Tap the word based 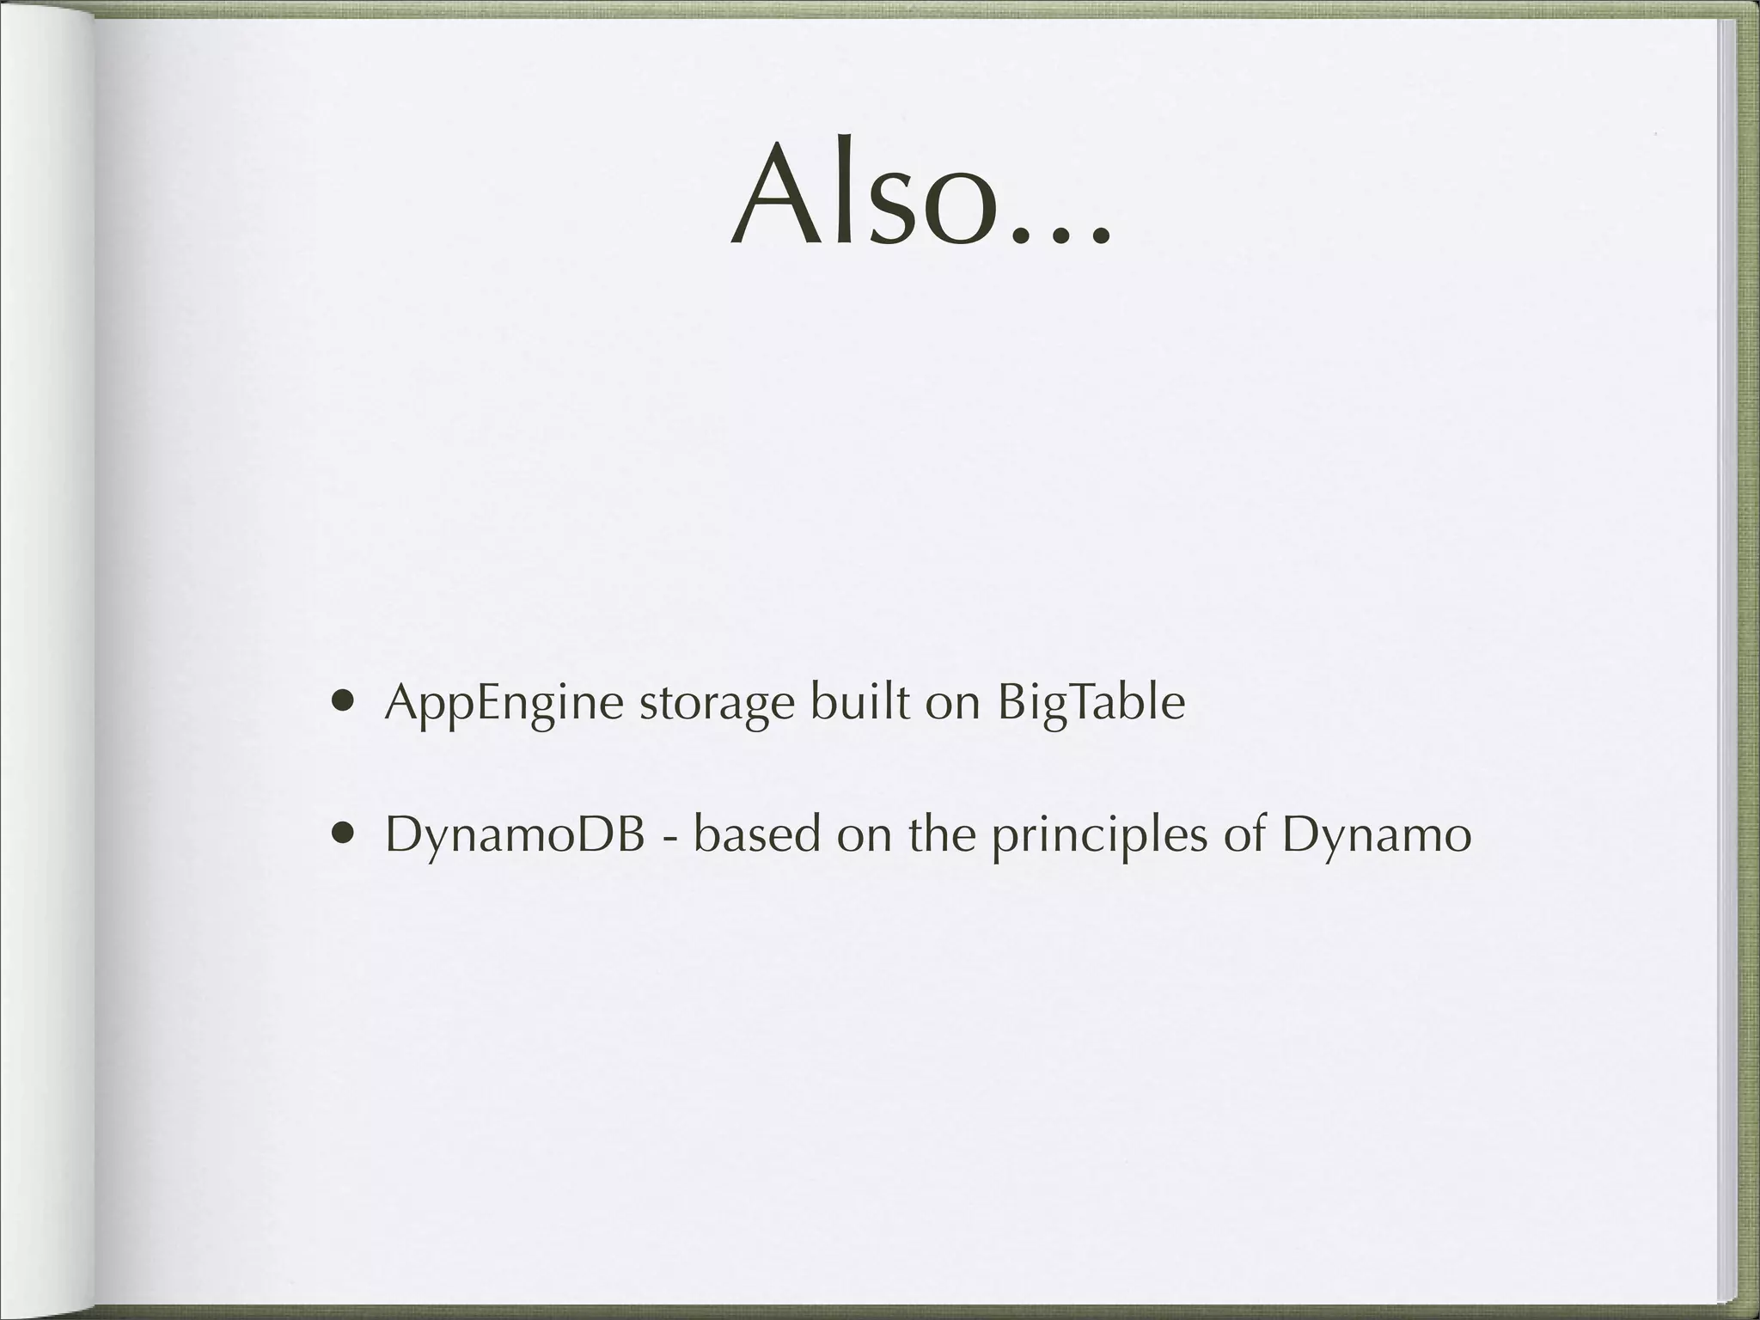click(757, 833)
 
